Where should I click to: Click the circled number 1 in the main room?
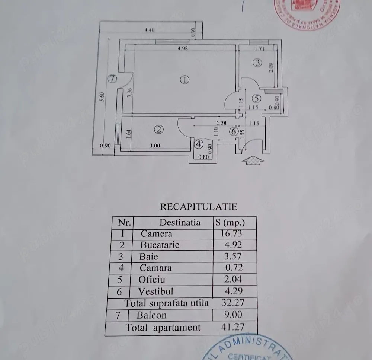coord(185,79)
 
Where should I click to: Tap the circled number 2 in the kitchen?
coord(159,130)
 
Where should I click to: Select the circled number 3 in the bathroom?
coord(257,63)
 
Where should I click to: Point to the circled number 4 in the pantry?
coord(199,144)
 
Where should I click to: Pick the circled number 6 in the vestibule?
coord(234,131)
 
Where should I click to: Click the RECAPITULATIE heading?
coord(198,207)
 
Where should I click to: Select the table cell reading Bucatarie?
coord(160,245)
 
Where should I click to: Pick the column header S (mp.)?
coord(230,223)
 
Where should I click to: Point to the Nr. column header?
coord(124,223)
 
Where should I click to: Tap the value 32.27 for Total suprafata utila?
coord(233,303)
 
